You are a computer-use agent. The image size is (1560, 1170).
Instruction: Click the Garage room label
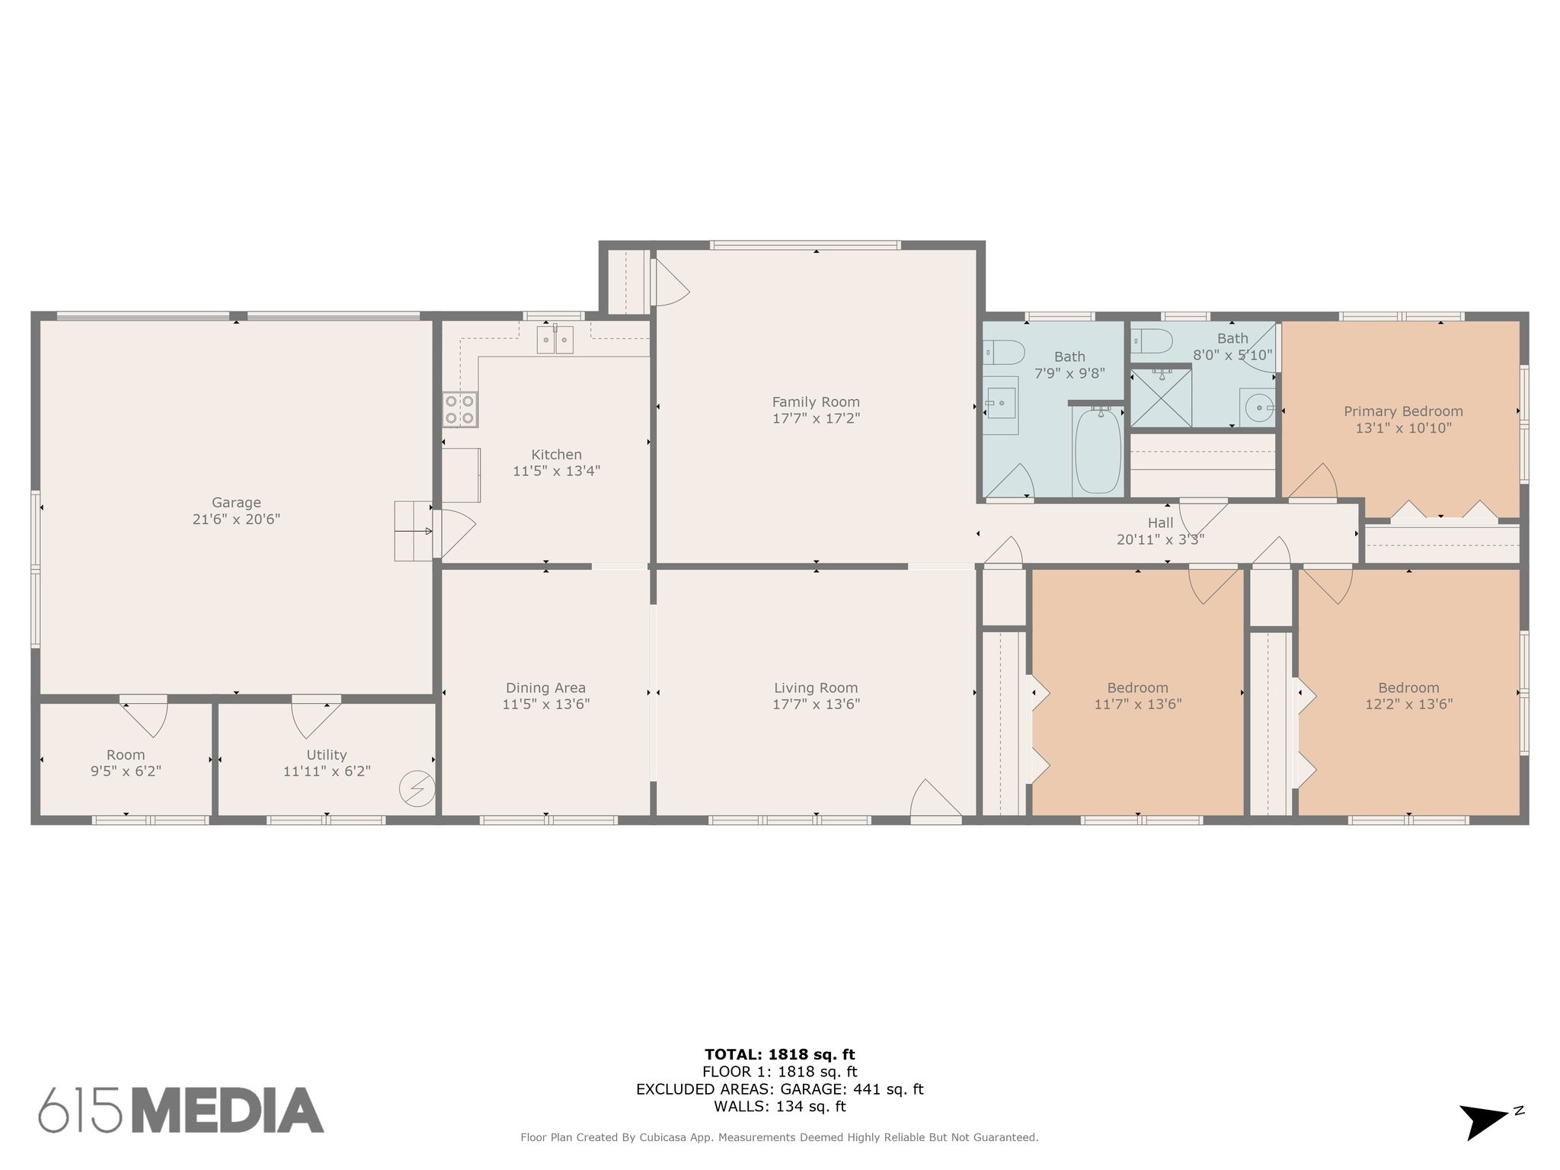[x=236, y=503]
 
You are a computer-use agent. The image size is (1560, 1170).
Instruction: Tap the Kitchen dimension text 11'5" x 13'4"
[x=557, y=471]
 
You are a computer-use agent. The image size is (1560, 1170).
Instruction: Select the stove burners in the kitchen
[x=460, y=409]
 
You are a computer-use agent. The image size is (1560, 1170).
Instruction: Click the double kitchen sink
[x=555, y=339]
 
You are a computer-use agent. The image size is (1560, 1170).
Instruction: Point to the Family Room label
[x=816, y=402]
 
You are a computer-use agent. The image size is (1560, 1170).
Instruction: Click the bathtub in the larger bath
[x=1098, y=450]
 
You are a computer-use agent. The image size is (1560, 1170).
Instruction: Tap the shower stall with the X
[x=1160, y=397]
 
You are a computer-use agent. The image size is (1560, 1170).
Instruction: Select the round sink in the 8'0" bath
[x=1258, y=408]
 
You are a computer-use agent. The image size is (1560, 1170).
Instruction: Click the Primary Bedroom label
[x=1403, y=411]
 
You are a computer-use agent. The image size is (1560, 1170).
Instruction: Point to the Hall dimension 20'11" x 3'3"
[x=1160, y=539]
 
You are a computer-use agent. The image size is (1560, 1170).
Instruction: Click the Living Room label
[x=816, y=688]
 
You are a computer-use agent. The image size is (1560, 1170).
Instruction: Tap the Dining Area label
[x=545, y=688]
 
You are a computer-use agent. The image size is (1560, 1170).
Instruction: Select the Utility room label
[x=327, y=755]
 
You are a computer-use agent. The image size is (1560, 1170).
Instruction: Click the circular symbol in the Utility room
[x=417, y=788]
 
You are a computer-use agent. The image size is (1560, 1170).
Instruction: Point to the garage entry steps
[x=413, y=531]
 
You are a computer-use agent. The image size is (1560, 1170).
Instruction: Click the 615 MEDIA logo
[x=181, y=1110]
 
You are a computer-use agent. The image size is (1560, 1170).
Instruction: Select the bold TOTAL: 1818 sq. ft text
[x=779, y=1054]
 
